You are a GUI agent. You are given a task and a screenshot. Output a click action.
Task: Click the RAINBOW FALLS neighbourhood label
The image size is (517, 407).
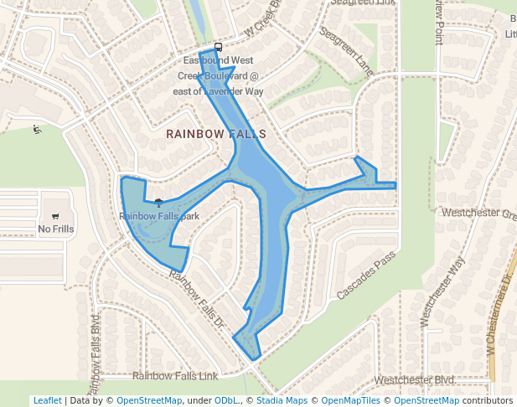tap(215, 134)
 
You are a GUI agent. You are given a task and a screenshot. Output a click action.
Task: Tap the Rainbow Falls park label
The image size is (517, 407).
tap(159, 216)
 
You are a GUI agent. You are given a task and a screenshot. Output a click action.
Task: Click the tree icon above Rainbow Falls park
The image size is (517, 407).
tap(158, 202)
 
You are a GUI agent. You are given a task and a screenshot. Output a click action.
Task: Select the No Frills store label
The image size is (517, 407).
tap(56, 229)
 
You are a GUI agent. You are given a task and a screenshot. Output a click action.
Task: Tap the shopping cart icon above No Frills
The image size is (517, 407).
tap(56, 215)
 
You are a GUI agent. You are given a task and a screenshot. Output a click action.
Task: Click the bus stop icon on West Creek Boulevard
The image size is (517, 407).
tap(218, 47)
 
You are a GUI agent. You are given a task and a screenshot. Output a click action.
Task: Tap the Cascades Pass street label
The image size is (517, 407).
tap(365, 276)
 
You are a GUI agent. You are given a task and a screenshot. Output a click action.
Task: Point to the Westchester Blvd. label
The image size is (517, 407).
tap(415, 380)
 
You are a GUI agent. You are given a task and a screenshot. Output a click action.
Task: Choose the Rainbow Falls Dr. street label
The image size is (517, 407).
tap(198, 298)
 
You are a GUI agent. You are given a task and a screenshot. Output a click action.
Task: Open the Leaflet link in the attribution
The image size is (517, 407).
tap(48, 401)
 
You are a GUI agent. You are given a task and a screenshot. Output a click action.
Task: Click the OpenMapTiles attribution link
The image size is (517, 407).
tap(351, 401)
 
